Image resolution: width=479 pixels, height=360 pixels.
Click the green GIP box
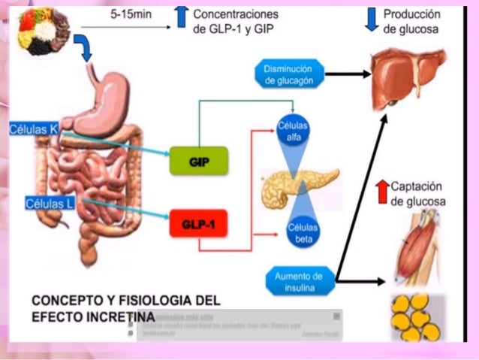tap(199, 161)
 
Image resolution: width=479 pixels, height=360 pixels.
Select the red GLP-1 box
tap(199, 223)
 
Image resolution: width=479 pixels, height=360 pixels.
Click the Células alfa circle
tap(293, 131)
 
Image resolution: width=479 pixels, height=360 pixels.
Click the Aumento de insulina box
tap(298, 280)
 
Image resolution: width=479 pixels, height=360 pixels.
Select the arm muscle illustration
tap(416, 247)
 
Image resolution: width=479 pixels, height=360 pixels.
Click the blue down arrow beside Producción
tap(371, 18)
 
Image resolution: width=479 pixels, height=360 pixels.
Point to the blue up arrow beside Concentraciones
tap(181, 17)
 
